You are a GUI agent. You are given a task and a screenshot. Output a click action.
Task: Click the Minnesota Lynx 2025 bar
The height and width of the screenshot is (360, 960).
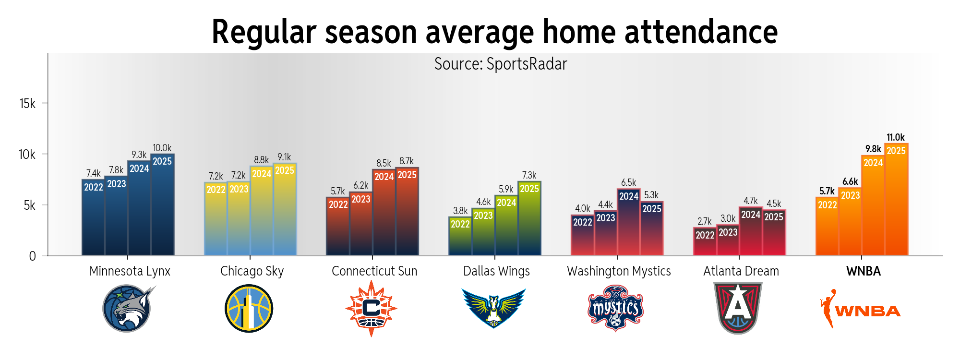162,206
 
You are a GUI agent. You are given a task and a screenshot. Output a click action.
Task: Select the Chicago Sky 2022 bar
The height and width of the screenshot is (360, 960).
216,221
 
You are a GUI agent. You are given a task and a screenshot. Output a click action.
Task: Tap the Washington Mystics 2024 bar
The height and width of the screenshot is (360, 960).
629,223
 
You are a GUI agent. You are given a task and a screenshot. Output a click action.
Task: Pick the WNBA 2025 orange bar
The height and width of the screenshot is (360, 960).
896,202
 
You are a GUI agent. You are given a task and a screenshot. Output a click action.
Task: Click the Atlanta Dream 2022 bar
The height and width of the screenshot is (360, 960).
705,242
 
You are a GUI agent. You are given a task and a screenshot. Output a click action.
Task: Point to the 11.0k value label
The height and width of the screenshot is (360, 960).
896,137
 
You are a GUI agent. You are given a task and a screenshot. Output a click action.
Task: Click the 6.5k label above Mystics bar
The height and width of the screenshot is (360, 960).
628,182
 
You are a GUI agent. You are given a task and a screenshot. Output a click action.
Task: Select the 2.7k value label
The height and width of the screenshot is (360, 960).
705,221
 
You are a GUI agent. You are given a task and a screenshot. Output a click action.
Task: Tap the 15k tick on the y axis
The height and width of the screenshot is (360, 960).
27,103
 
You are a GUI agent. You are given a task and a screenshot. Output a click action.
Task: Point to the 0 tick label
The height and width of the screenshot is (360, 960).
32,256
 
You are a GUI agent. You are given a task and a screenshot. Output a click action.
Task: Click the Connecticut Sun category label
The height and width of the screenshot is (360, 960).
374,271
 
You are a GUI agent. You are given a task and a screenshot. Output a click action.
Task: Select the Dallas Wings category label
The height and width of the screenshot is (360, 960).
496,271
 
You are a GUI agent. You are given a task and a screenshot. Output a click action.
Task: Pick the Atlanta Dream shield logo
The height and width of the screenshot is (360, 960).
738,308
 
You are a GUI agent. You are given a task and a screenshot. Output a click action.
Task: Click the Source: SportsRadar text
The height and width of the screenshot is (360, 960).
501,64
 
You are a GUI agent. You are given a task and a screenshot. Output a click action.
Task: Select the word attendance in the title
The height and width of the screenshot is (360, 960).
701,32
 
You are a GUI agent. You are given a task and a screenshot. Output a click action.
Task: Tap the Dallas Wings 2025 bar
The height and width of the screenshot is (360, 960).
529,221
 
